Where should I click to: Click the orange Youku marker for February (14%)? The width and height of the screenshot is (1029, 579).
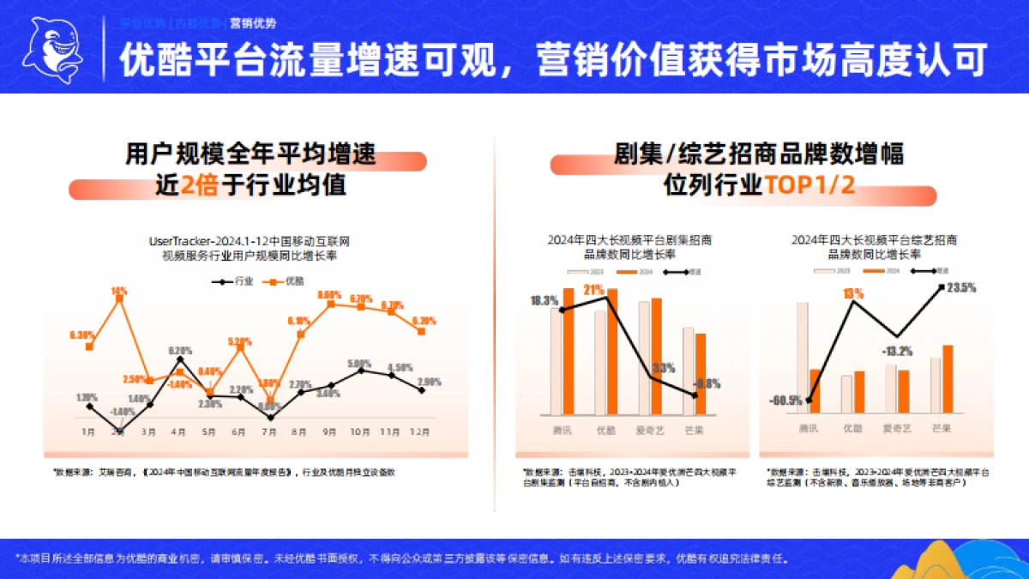[x=119, y=299]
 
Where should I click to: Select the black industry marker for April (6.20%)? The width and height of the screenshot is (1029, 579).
[x=179, y=360]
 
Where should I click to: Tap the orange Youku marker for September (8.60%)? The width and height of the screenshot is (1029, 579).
[x=330, y=303]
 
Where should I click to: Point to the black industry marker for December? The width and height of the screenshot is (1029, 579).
[x=421, y=390]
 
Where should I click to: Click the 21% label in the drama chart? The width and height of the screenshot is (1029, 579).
[x=593, y=290]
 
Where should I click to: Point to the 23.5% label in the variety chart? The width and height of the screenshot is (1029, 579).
[x=962, y=287]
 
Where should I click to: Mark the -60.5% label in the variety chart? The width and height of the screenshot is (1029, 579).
[x=785, y=400]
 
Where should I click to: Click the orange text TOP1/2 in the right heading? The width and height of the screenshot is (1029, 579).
[x=810, y=185]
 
